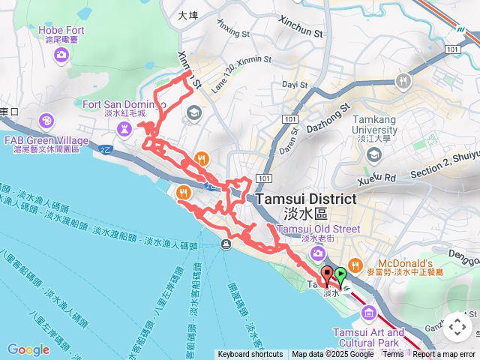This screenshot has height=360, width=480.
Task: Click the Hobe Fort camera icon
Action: [x=61, y=54]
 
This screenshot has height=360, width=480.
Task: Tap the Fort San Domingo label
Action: [x=124, y=104]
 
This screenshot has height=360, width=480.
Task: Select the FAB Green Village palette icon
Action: [x=46, y=120]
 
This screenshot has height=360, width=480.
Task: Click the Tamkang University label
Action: [x=373, y=124]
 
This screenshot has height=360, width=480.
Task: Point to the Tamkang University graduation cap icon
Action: [x=373, y=154]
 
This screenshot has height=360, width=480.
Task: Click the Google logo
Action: [x=28, y=349]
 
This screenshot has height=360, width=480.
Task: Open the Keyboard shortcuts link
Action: [x=250, y=355]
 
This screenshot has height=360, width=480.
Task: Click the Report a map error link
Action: [x=444, y=355]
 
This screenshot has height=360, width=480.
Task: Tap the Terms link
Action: [x=393, y=355]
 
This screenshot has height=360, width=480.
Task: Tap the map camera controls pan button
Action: [x=457, y=327]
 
